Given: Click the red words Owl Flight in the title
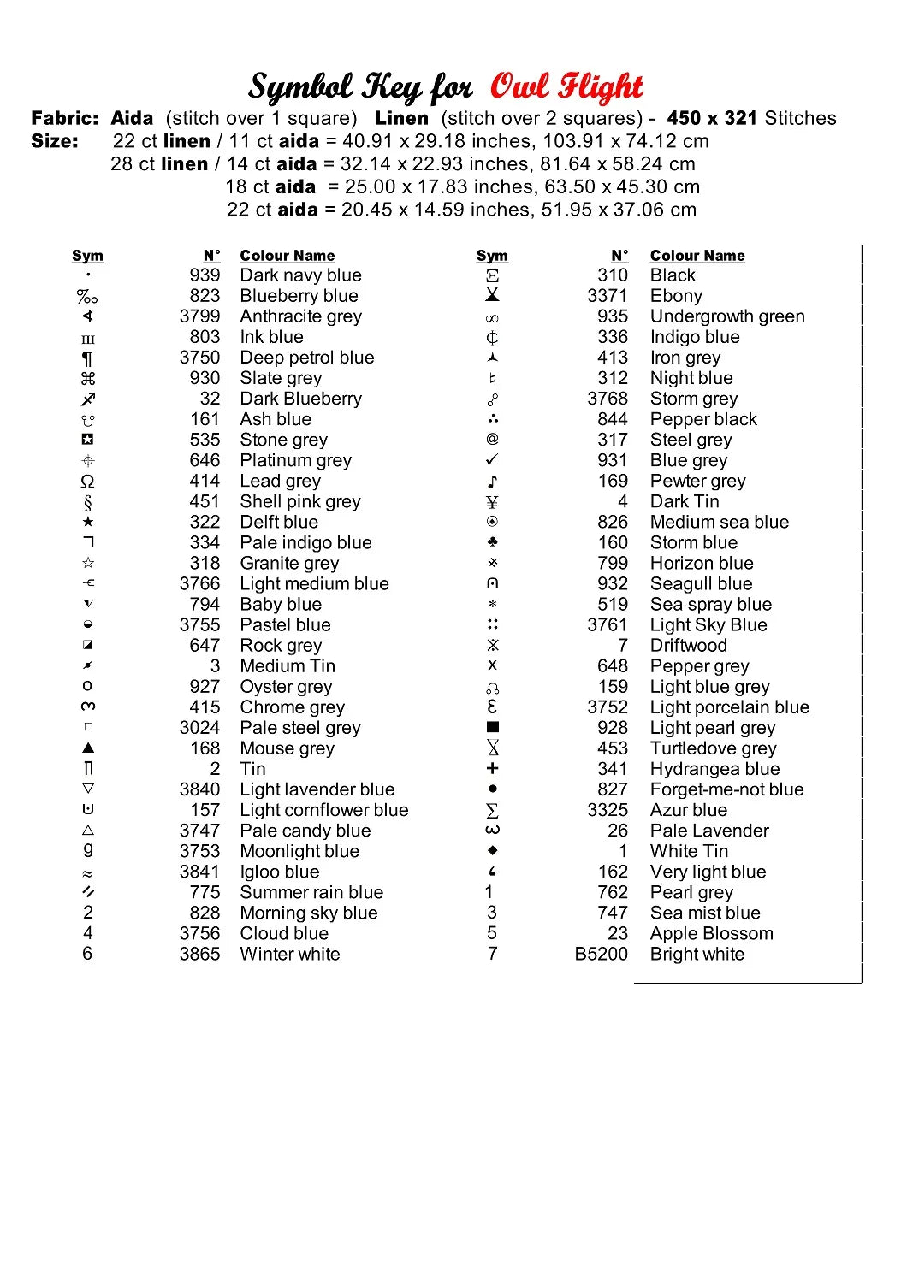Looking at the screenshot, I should pyautogui.click(x=566, y=86).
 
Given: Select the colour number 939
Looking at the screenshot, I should pyautogui.click(x=205, y=275).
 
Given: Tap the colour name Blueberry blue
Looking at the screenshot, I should pyautogui.click(x=299, y=296).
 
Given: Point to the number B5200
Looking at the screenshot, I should pyautogui.click(x=601, y=955).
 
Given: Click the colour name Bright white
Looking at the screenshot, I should pyautogui.click(x=697, y=955).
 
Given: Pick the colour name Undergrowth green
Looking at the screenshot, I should pyautogui.click(x=726, y=316).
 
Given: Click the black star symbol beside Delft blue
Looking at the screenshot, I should pyautogui.click(x=88, y=522).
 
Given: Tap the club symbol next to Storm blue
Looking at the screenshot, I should pyautogui.click(x=492, y=542).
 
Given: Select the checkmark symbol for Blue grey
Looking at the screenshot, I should pyautogui.click(x=492, y=460).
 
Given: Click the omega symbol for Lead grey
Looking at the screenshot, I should pyautogui.click(x=87, y=482).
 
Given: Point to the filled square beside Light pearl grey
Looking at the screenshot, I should pyautogui.click(x=492, y=727).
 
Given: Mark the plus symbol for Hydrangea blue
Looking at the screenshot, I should pyautogui.click(x=492, y=769).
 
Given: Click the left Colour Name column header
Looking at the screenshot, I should pyautogui.click(x=287, y=256).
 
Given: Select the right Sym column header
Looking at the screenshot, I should pyautogui.click(x=492, y=256).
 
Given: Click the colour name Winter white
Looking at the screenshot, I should pyautogui.click(x=289, y=955).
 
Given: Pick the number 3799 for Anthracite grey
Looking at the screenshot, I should pyautogui.click(x=199, y=316).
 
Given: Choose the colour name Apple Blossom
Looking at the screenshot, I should pyautogui.click(x=711, y=934).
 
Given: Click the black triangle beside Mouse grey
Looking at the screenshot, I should pyautogui.click(x=88, y=748).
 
